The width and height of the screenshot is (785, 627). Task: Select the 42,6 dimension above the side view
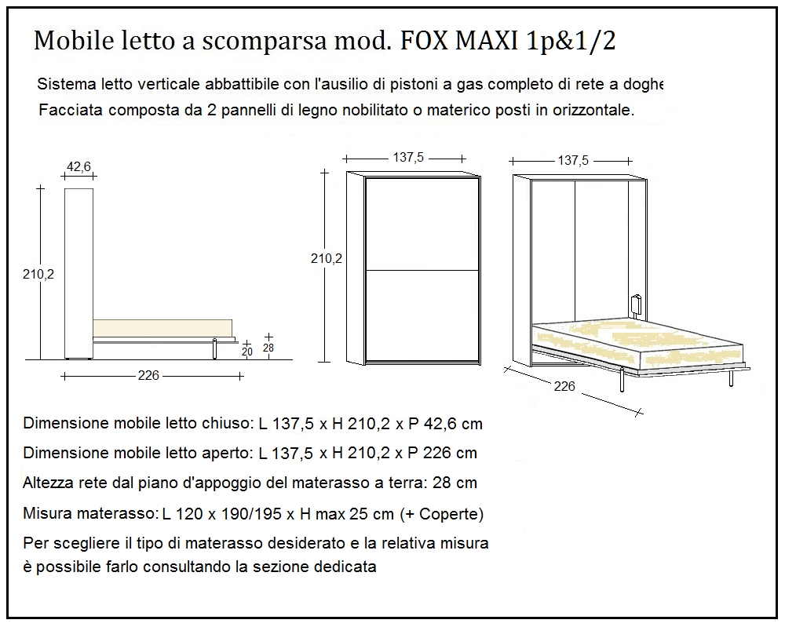coord(78,166)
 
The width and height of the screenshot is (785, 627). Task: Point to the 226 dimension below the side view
coord(148,376)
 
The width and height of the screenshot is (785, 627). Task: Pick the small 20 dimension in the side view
coord(247,352)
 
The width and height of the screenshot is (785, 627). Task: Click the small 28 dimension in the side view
coord(269,348)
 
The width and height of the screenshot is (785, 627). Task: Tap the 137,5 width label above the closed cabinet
coord(408,158)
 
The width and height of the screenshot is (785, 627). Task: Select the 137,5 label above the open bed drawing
coord(573,160)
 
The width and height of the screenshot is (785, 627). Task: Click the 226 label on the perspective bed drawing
coord(564,386)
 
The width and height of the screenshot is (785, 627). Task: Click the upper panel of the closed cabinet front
coord(423,224)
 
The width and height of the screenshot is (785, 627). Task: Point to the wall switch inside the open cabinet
coord(635,303)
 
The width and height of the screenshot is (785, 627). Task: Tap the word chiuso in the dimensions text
coord(230,425)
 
